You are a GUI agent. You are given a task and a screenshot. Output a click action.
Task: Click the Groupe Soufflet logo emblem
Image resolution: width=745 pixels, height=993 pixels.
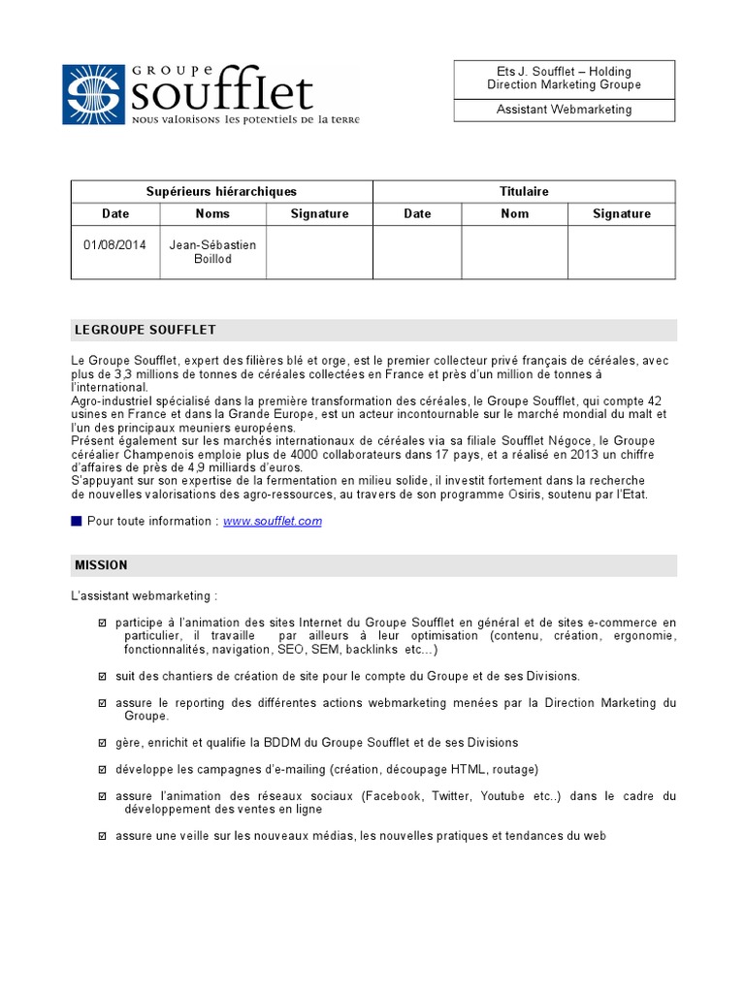point(94,93)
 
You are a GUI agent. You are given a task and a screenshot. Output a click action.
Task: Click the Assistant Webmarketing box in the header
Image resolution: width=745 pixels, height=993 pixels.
point(564,110)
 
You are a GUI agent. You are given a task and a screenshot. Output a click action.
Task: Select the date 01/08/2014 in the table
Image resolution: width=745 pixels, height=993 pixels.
point(114,245)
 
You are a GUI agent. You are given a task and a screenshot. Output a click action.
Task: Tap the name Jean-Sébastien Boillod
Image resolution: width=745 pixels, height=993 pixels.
point(212,252)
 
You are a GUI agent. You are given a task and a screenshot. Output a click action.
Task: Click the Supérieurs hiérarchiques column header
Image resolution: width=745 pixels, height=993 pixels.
point(221,192)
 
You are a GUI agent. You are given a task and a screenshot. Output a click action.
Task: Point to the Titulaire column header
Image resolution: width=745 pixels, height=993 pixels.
point(524,192)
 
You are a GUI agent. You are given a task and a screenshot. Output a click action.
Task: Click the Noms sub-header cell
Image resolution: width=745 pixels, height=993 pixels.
point(212,214)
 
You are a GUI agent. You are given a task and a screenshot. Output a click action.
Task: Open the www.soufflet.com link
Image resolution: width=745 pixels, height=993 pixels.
point(272,522)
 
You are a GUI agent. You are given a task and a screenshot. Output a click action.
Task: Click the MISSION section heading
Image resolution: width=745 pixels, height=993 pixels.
point(101,565)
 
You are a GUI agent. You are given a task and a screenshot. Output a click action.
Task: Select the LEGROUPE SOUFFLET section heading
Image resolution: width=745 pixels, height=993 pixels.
point(145,331)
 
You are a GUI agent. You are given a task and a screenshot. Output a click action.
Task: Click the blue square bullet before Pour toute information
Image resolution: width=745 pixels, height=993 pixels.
point(77,522)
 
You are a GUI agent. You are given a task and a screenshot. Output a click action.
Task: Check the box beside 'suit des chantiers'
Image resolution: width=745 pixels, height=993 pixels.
point(103,676)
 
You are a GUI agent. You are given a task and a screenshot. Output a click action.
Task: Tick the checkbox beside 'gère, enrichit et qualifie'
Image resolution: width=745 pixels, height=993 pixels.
point(103,743)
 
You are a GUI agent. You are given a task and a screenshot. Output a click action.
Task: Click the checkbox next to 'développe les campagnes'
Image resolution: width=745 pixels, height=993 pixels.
point(103,769)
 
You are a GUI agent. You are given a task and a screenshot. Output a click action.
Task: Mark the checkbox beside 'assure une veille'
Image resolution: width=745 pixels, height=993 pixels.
point(103,836)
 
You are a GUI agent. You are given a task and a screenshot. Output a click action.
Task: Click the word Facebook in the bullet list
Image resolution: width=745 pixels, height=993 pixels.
point(393,796)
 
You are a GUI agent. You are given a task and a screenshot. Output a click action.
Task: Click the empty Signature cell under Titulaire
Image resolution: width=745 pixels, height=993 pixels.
point(621,252)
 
